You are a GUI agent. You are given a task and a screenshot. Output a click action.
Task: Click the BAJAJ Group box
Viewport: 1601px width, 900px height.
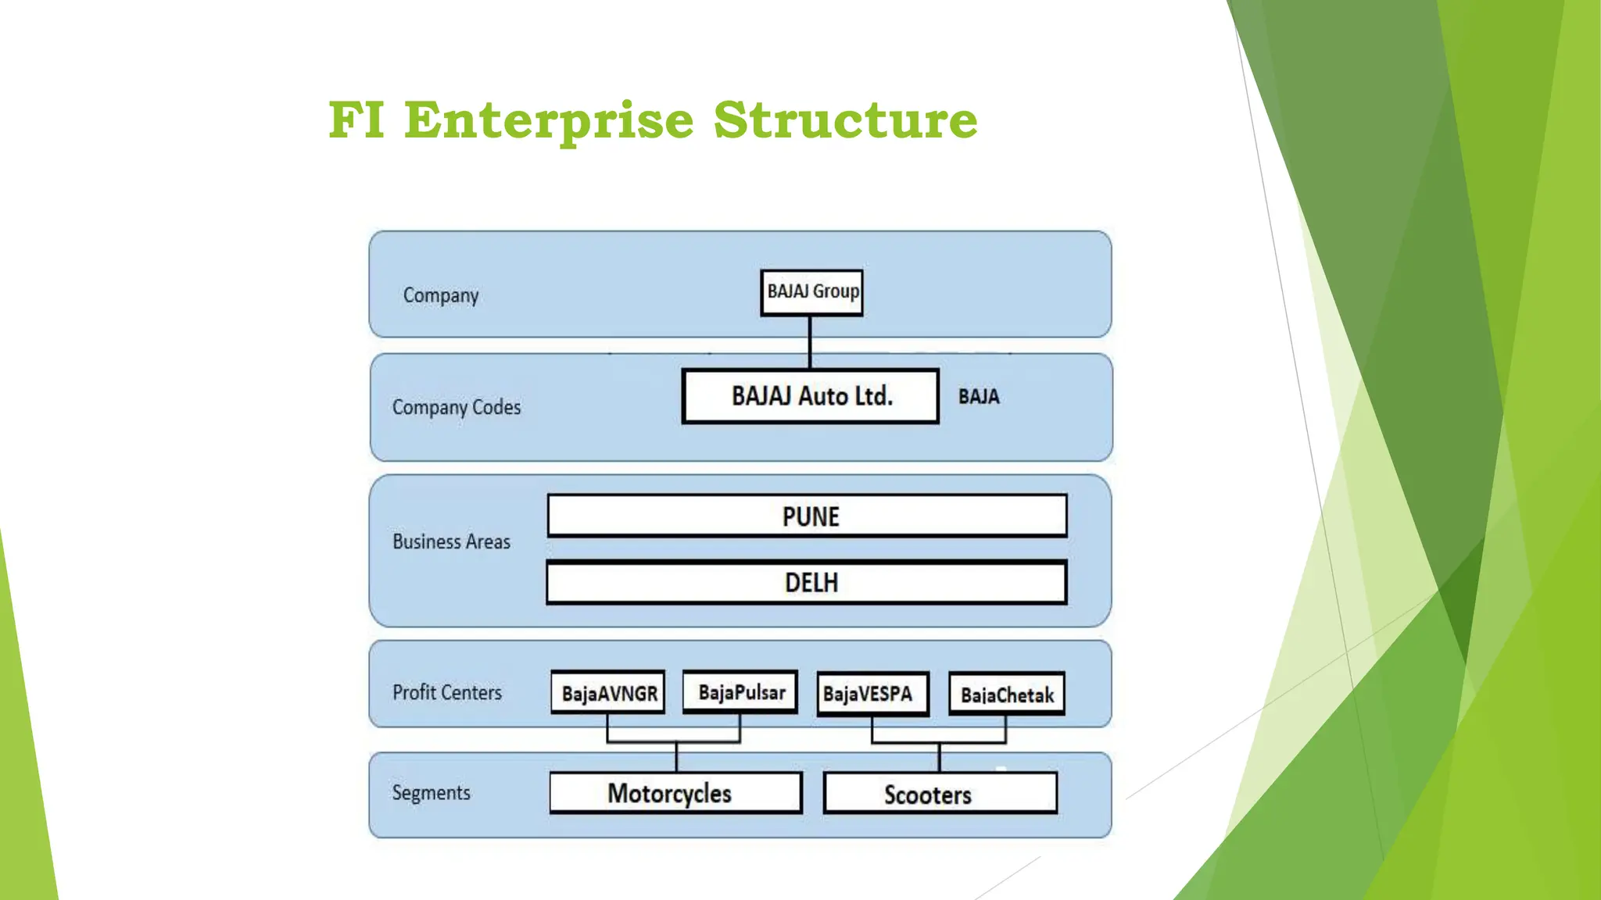click(x=811, y=292)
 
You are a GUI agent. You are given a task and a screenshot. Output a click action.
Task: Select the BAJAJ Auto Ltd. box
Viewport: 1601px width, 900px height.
click(x=811, y=396)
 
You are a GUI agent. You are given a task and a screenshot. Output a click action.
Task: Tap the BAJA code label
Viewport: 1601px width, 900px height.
click(x=979, y=397)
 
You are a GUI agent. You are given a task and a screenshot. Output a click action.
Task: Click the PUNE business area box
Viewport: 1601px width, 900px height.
click(x=808, y=516)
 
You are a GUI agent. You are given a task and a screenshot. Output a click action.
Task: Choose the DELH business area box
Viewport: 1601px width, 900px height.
click(x=807, y=583)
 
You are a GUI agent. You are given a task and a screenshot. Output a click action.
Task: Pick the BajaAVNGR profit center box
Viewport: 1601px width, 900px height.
click(x=608, y=693)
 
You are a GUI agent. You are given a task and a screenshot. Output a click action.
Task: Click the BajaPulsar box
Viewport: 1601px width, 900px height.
click(x=740, y=692)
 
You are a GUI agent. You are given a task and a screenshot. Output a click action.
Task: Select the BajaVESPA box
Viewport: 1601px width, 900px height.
click(x=872, y=694)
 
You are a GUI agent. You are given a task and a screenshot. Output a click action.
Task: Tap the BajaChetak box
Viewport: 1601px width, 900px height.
click(x=1007, y=695)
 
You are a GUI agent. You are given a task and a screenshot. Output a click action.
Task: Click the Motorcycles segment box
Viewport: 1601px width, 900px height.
click(x=675, y=794)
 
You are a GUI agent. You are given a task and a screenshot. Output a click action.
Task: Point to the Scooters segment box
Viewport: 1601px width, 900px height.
click(x=940, y=795)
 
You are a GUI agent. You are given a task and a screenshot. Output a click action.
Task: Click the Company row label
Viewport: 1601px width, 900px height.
click(x=441, y=295)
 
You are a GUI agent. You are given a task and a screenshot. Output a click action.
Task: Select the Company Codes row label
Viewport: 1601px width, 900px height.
click(x=457, y=407)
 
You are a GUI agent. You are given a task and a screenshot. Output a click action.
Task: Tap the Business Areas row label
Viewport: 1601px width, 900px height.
click(x=451, y=541)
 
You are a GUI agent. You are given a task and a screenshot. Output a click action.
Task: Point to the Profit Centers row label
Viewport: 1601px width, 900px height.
click(x=447, y=692)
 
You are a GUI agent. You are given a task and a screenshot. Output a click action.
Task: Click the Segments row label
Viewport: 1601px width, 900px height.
click(x=432, y=792)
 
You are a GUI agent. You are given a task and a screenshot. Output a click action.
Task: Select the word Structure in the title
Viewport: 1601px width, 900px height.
click(x=845, y=120)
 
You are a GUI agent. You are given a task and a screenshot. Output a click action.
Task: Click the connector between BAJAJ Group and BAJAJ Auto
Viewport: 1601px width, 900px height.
click(x=810, y=342)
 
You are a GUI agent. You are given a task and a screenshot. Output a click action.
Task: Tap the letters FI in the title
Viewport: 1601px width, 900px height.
click(x=356, y=120)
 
